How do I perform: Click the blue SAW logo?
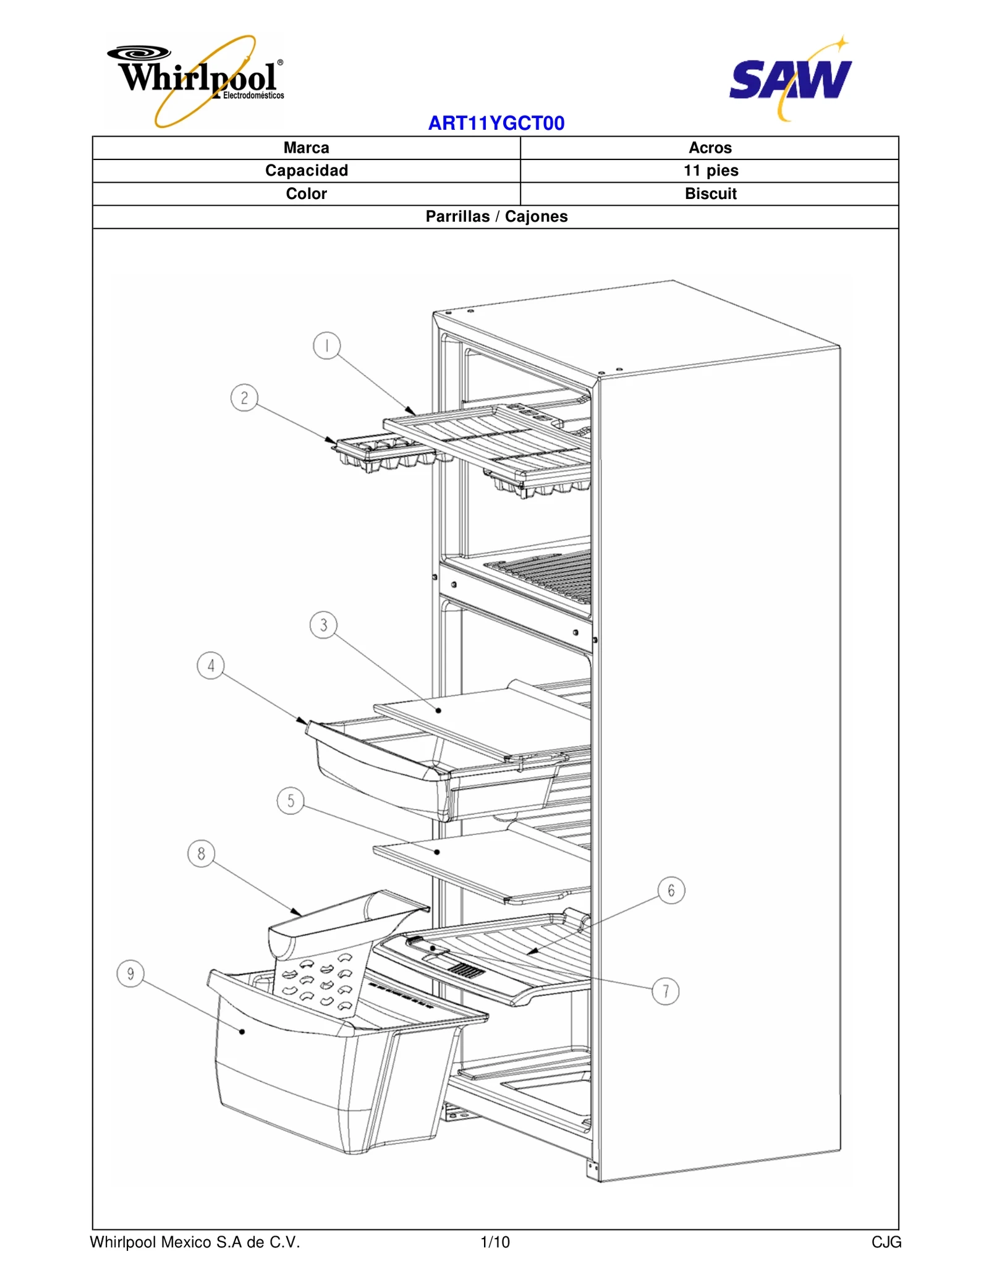791,79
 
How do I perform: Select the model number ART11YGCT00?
496,123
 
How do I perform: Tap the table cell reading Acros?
710,148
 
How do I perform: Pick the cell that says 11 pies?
710,171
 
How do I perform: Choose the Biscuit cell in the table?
710,193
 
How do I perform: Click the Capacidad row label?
306,171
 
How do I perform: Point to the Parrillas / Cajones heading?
496,216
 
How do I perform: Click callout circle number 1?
326,345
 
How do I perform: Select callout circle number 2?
244,398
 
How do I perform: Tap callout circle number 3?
323,625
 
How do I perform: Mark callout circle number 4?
211,666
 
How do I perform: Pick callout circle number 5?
291,801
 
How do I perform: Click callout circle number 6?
671,891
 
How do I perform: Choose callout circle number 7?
666,991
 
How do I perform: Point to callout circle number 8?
201,854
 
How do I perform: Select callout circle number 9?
130,974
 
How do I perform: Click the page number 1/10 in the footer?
494,1242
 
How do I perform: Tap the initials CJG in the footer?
886,1242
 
